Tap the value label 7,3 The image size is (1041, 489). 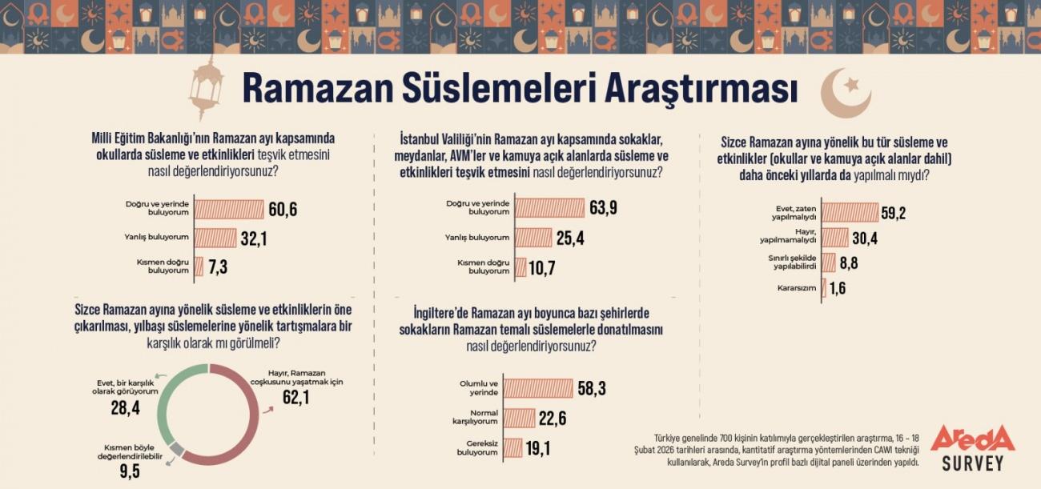tap(219, 267)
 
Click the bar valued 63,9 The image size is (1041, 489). tap(549, 208)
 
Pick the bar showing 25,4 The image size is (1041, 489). tap(533, 237)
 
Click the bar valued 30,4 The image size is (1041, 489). tap(834, 238)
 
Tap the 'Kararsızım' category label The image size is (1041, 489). tap(796, 287)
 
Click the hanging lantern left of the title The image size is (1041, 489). tap(206, 89)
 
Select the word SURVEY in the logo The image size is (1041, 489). tap(972, 463)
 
